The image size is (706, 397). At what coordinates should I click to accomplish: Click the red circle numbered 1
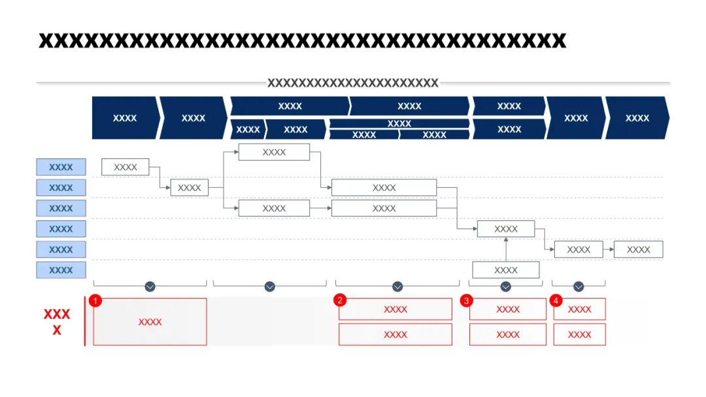95,301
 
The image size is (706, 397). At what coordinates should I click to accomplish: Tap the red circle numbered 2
340,300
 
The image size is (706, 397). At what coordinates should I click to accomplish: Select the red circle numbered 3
467,301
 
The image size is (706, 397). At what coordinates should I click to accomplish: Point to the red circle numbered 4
556,301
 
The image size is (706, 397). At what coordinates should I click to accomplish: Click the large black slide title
302,41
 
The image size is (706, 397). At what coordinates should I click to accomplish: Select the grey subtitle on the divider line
352,82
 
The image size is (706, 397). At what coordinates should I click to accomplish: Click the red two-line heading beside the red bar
57,322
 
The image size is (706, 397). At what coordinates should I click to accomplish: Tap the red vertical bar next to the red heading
84,321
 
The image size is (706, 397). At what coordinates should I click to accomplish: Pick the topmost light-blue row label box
61,167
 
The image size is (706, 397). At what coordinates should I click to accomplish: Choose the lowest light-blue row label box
61,270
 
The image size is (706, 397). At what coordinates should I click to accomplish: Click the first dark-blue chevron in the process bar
126,118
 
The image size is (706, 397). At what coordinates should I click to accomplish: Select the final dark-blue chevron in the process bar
637,118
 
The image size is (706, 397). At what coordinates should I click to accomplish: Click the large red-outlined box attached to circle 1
150,322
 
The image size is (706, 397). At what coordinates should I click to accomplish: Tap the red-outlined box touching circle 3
508,309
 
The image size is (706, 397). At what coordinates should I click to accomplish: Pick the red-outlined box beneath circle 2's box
395,334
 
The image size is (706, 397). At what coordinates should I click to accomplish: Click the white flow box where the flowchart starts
125,167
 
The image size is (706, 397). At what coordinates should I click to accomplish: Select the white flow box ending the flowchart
639,249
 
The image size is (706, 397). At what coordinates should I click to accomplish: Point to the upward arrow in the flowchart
506,249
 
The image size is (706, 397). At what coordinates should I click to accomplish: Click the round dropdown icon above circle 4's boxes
579,286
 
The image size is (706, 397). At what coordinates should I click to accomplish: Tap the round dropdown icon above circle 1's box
150,286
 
